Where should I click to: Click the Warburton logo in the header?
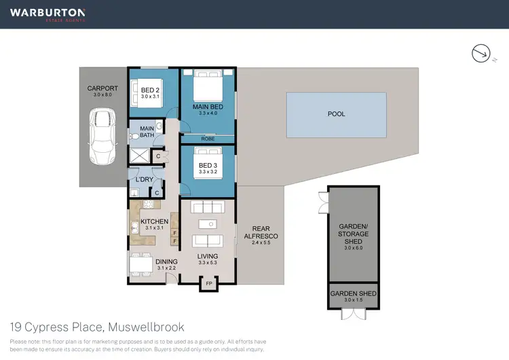48,14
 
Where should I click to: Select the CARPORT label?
102,88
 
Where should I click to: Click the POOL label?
337,113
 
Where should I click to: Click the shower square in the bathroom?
140,156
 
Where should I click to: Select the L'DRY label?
143,179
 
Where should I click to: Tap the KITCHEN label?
154,221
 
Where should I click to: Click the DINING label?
166,262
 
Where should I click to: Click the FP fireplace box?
209,283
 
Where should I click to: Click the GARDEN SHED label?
354,293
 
